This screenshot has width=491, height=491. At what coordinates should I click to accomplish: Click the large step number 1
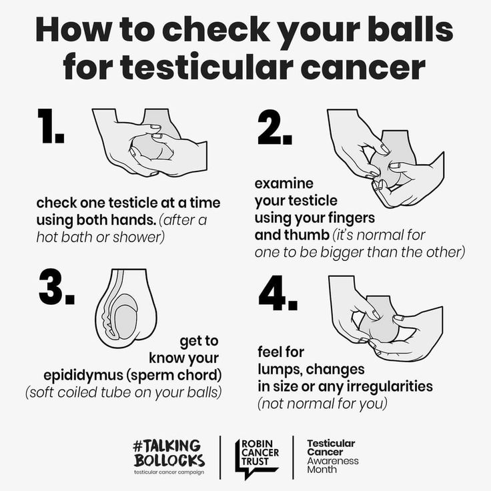coord(51,126)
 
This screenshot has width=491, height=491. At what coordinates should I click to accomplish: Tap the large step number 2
coord(275,127)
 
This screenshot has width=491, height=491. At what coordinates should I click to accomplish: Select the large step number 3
coord(57,287)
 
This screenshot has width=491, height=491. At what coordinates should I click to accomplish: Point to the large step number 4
coord(278,293)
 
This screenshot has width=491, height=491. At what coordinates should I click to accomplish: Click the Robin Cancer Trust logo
coord(257,458)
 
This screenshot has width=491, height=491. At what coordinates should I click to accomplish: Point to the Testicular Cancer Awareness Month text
coord(332,456)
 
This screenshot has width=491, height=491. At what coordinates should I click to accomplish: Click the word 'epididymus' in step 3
coord(83,376)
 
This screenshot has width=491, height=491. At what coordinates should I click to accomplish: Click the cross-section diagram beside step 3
coord(126,308)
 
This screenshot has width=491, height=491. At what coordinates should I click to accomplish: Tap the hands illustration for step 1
coord(149,143)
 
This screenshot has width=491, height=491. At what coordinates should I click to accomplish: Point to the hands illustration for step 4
coord(386,318)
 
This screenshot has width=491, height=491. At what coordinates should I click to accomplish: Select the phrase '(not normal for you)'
coord(322,404)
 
